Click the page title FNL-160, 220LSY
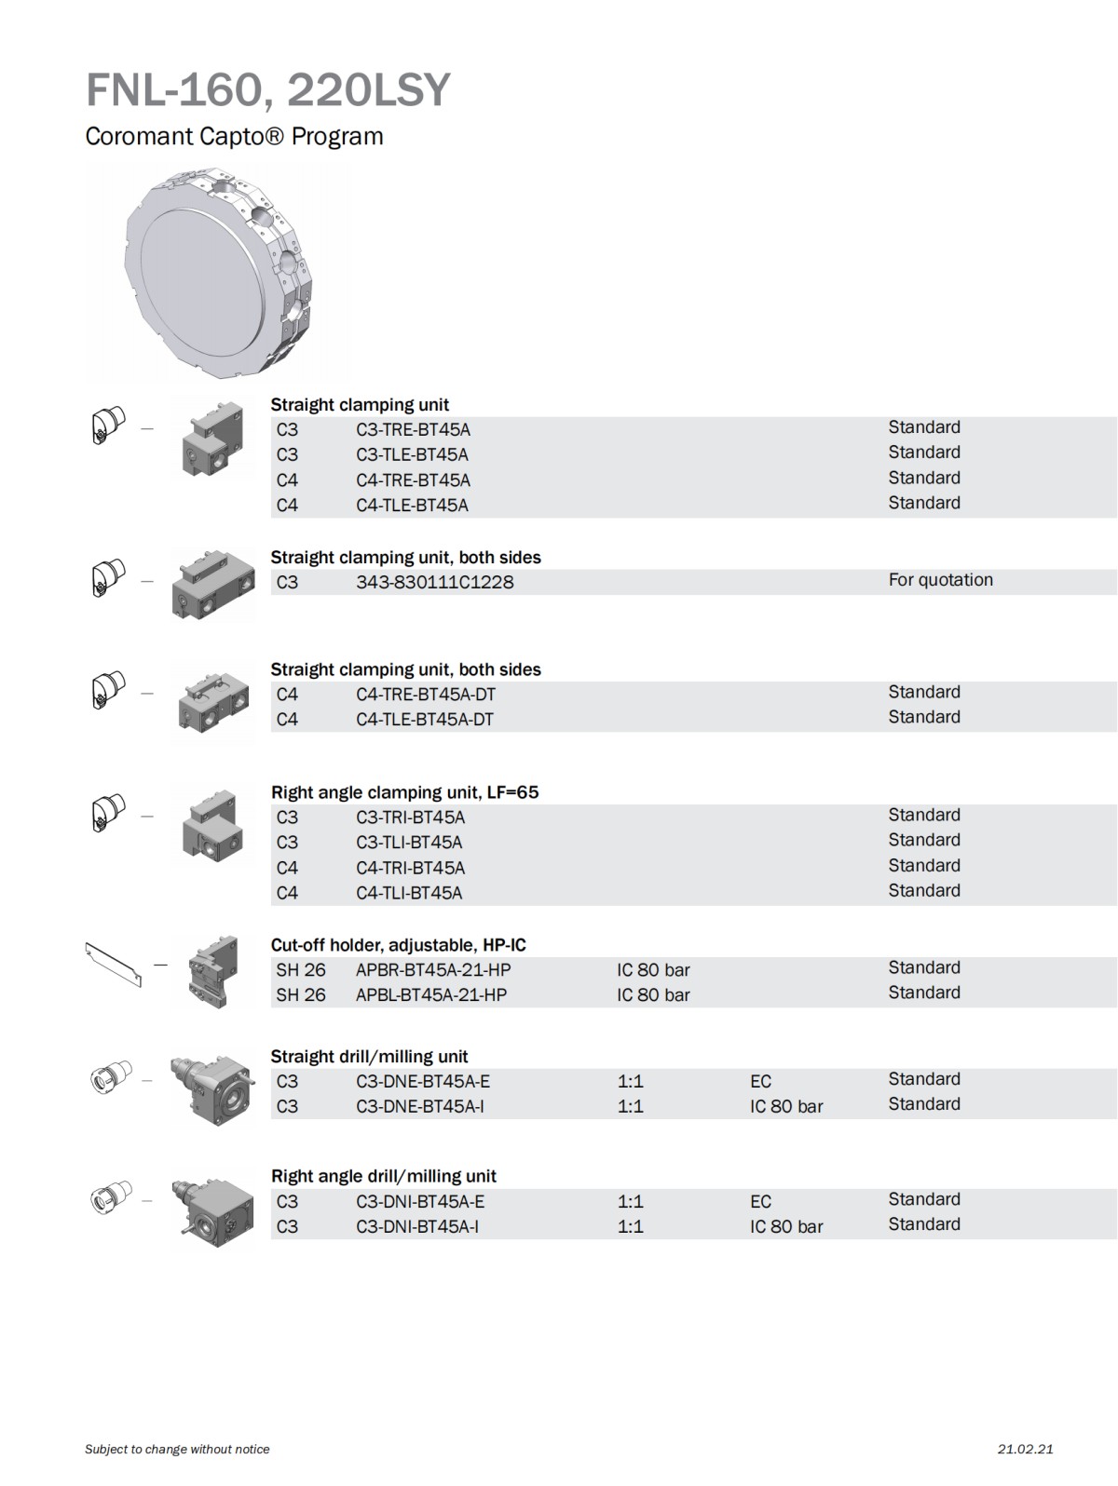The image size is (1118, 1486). click(267, 90)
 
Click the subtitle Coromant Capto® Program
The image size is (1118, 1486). click(234, 136)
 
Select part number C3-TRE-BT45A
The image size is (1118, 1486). click(413, 429)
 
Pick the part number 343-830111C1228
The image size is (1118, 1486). click(434, 582)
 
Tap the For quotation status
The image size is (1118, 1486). click(940, 580)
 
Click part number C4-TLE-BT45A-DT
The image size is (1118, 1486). click(424, 719)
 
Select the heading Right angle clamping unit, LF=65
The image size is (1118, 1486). click(404, 792)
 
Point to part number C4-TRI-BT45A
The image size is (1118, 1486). click(410, 868)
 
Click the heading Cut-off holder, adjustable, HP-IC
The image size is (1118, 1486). click(398, 945)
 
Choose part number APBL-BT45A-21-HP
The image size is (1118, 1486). click(430, 994)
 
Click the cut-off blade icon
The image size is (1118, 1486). click(113, 964)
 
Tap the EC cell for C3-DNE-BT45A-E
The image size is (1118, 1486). click(760, 1081)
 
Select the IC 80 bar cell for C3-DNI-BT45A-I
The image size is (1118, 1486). click(786, 1226)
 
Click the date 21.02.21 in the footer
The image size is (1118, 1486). click(1025, 1449)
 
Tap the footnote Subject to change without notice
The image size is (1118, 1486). click(177, 1449)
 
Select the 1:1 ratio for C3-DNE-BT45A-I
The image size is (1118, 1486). click(630, 1106)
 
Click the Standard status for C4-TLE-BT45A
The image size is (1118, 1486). click(923, 503)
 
